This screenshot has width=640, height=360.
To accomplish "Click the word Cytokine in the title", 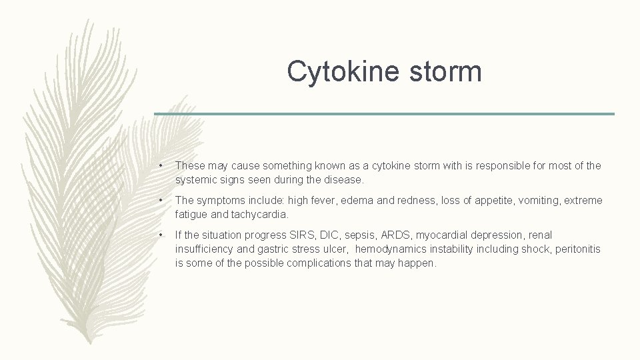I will coord(339,71).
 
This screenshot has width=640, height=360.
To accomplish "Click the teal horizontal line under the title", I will coord(384,114).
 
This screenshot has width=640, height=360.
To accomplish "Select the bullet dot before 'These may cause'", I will coord(161,166).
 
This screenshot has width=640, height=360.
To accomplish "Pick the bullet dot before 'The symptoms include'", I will coord(161,201).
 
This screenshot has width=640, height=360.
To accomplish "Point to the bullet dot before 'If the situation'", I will coord(161,235).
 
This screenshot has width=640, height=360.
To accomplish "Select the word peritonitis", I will coord(577,249).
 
